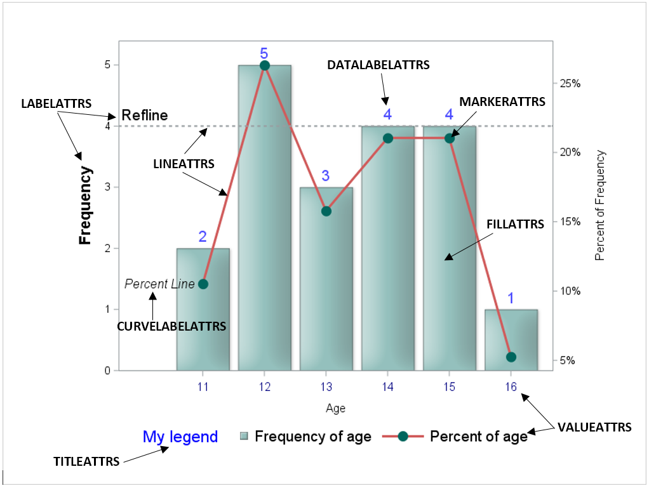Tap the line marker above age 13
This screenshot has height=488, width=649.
point(326,211)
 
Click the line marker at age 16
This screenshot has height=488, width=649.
point(511,357)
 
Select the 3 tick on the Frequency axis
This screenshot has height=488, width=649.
point(107,187)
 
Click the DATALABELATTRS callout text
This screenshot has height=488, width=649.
point(378,65)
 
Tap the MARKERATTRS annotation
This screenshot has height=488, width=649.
point(502,102)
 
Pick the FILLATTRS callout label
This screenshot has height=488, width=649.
point(515,225)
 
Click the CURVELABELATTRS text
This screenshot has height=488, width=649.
point(171,326)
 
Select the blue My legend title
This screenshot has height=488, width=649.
point(180,437)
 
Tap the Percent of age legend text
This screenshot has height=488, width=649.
point(479,437)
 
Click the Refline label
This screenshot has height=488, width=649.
point(145,115)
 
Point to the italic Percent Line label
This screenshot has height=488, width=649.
point(159,284)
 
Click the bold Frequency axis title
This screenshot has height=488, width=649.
point(85,205)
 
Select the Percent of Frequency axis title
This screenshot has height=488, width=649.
point(601,206)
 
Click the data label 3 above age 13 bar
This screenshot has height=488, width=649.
point(326,176)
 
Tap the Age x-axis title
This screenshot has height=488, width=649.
point(336,409)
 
